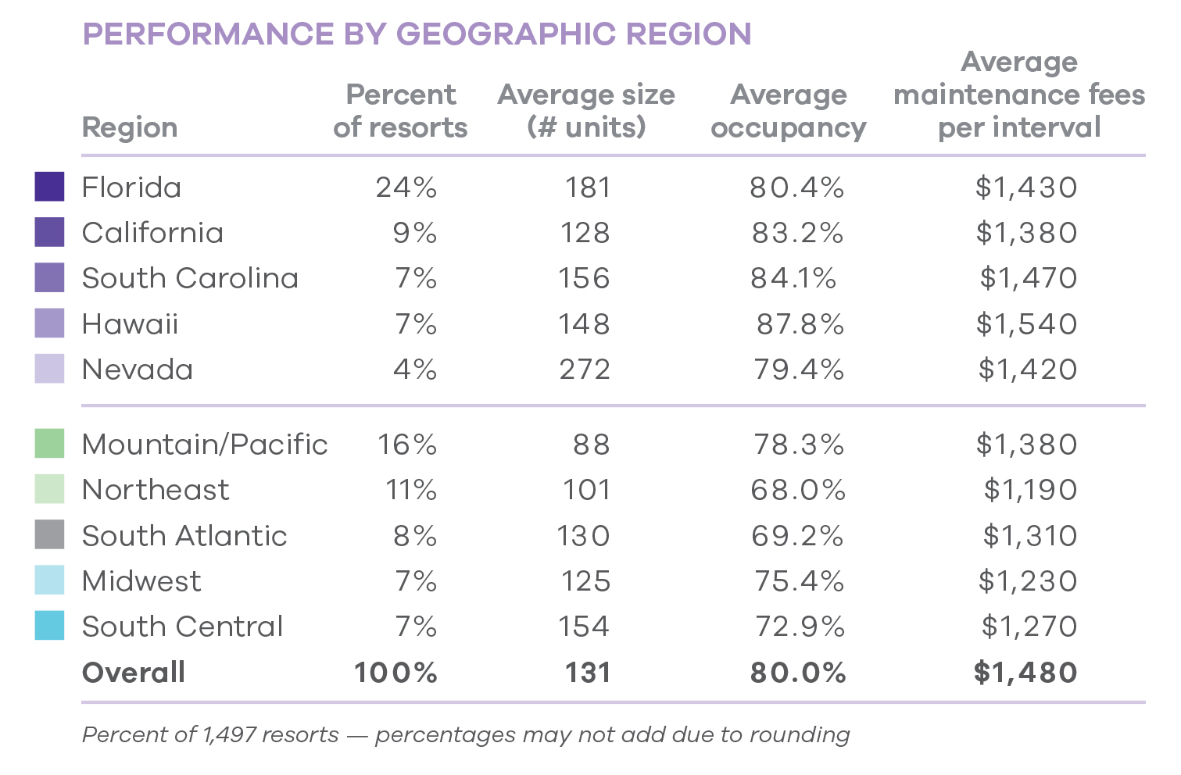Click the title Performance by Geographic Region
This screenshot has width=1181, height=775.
[x=417, y=34]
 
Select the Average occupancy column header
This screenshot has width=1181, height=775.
[x=788, y=111]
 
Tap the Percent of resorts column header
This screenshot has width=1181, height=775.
[x=400, y=111]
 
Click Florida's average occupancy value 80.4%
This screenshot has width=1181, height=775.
[x=796, y=187]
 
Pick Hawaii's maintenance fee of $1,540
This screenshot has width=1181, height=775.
[x=1026, y=324]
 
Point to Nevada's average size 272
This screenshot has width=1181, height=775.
[x=585, y=370]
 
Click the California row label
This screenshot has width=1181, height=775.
[x=152, y=233]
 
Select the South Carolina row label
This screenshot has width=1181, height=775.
[x=190, y=278]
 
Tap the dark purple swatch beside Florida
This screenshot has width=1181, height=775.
[x=49, y=187]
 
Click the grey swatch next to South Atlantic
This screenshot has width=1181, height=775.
[x=49, y=535]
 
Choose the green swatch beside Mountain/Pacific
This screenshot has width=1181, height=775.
[x=49, y=444]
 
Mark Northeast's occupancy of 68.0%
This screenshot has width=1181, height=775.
[x=798, y=490]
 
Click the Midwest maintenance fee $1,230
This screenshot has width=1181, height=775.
[x=1027, y=581]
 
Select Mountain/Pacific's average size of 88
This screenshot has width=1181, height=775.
[x=591, y=445]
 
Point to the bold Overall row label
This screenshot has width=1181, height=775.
[x=134, y=673]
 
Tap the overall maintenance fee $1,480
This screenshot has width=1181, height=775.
[x=1025, y=673]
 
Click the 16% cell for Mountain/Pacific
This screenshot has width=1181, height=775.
[x=407, y=445]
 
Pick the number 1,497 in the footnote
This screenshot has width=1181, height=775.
[x=228, y=735]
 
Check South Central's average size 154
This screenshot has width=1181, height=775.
[x=584, y=627]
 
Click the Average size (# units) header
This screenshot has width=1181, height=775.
[x=586, y=111]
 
